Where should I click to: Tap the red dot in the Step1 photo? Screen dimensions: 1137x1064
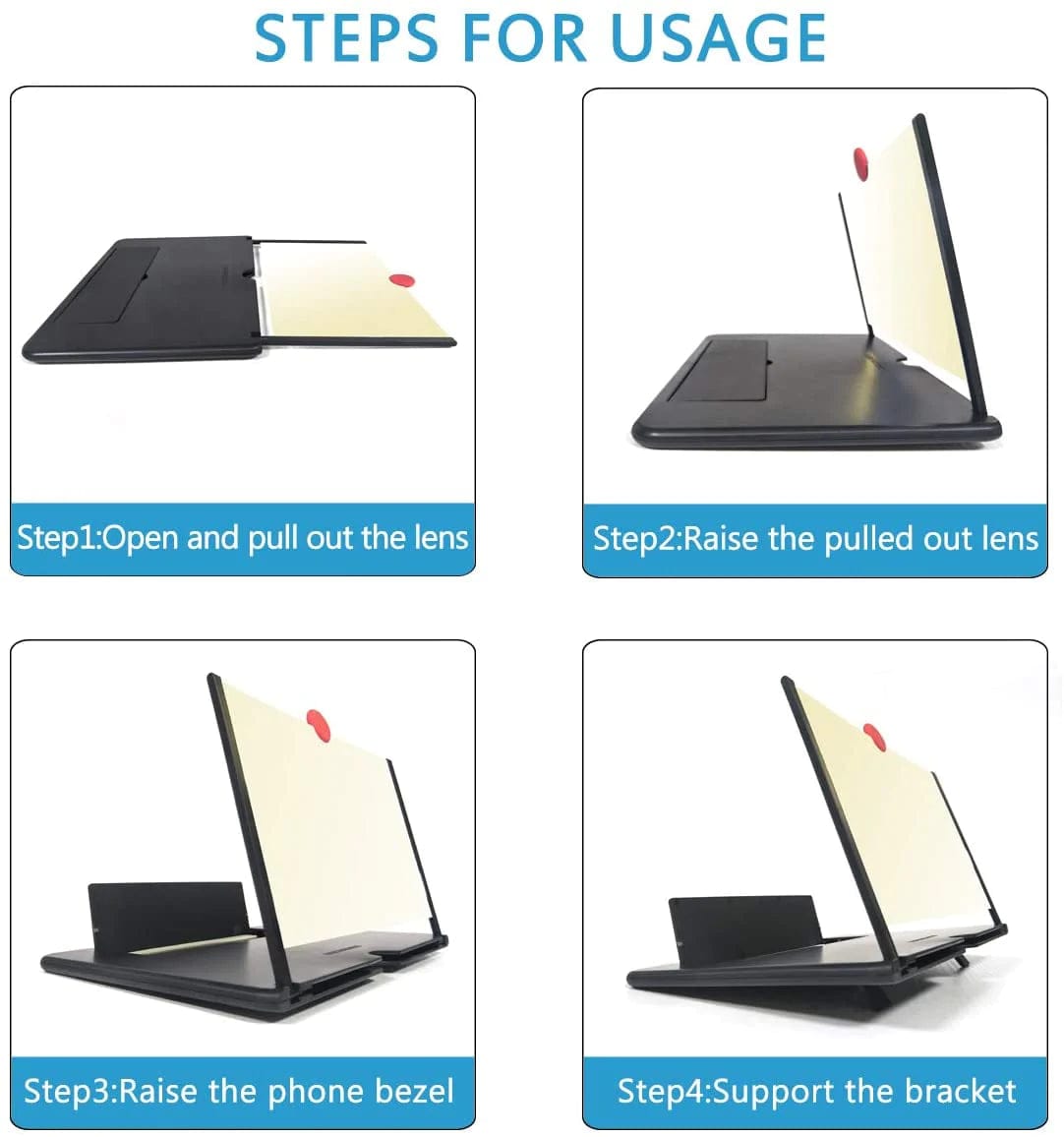point(401,280)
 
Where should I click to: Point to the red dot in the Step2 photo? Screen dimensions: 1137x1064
point(862,164)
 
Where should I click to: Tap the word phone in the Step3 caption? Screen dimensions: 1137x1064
point(314,1091)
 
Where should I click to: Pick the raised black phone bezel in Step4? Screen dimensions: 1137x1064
point(741,929)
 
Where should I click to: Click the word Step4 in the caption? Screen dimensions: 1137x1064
point(661,1092)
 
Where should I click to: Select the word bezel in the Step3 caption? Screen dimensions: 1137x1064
point(410,1091)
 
